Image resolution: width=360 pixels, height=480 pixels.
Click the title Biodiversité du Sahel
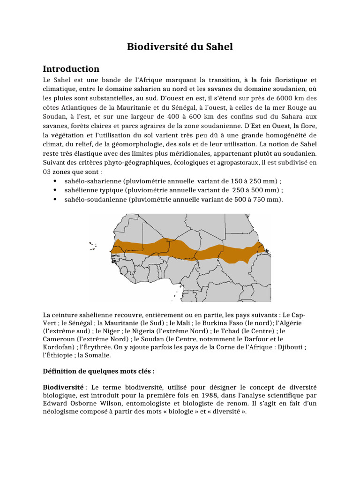click(x=180, y=47)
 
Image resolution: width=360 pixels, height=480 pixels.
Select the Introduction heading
click(x=71, y=69)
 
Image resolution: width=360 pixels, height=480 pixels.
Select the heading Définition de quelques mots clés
click(x=98, y=371)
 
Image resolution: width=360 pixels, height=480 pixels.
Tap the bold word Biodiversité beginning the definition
click(x=63, y=387)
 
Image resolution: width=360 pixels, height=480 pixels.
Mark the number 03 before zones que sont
click(x=47, y=172)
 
